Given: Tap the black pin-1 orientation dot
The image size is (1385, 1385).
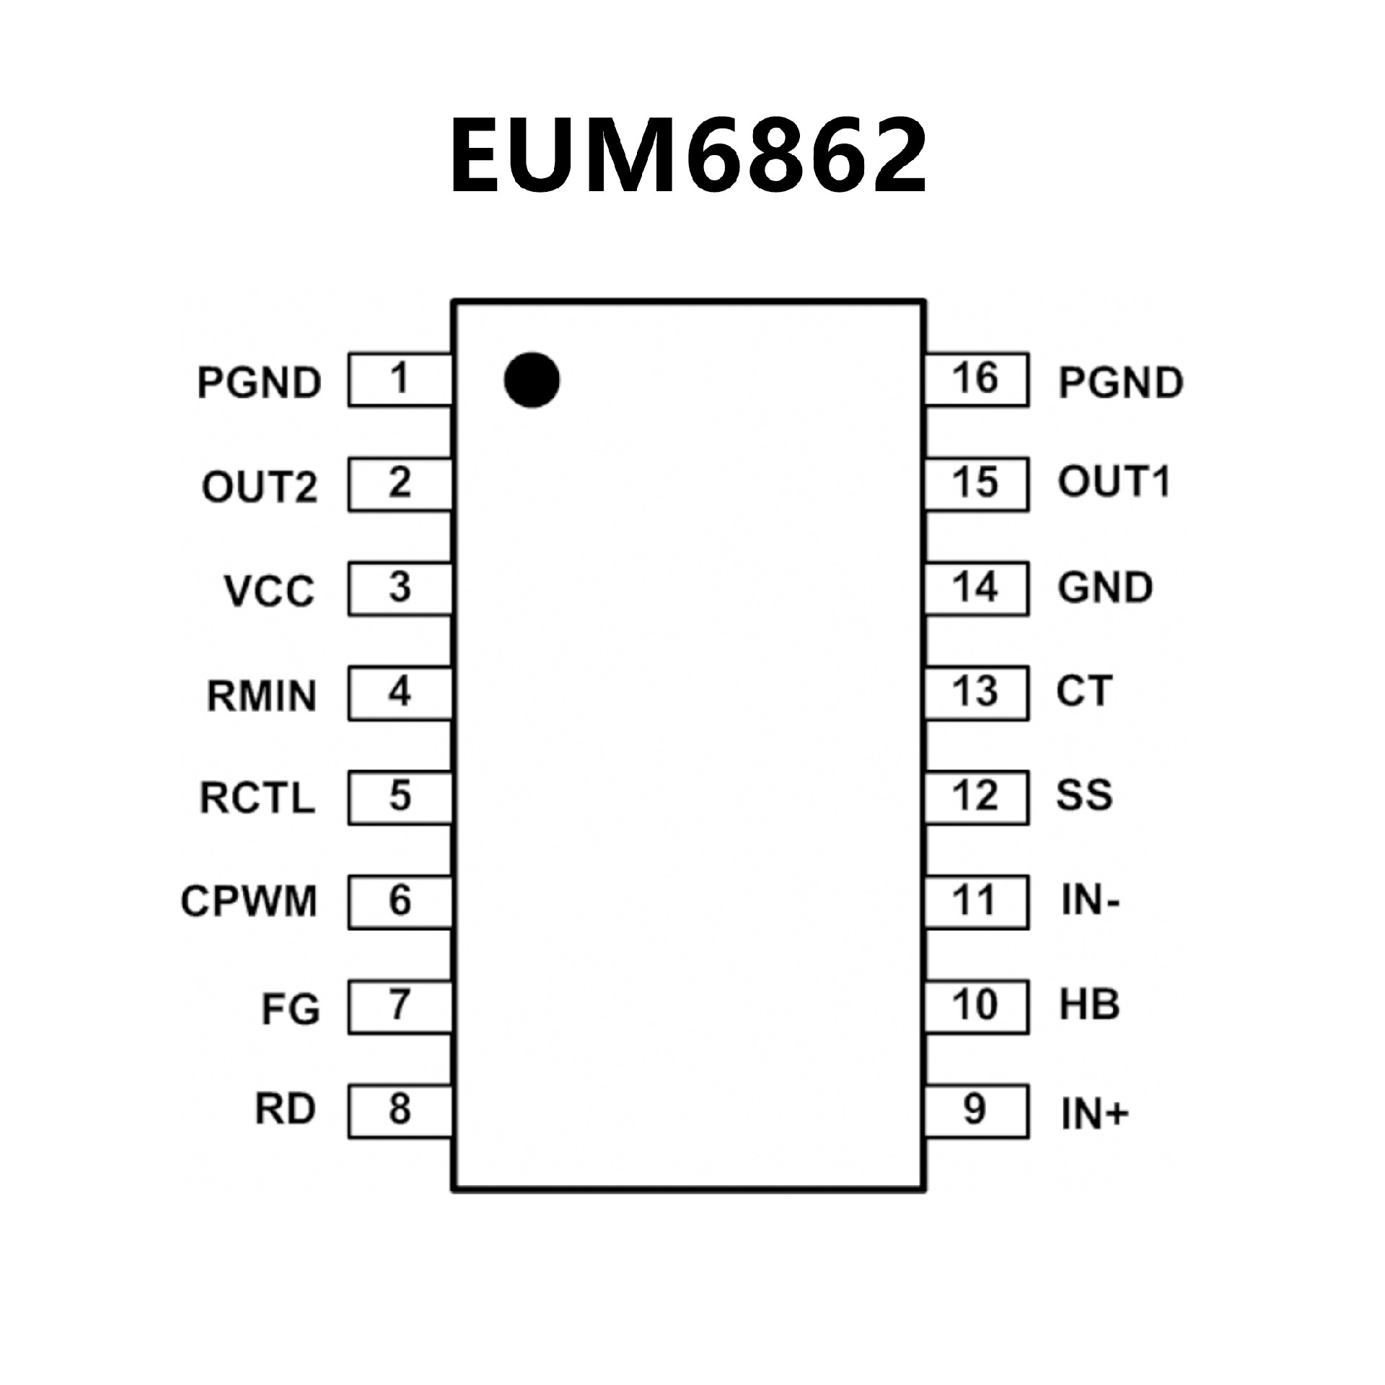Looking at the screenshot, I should (532, 380).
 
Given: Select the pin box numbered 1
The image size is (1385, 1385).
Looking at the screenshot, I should (400, 379).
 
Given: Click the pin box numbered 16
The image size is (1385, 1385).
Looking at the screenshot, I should (976, 379).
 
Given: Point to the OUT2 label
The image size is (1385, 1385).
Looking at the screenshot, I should (260, 486).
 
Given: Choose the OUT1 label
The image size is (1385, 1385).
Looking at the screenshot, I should (1113, 482).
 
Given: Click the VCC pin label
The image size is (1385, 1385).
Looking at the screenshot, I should (270, 591).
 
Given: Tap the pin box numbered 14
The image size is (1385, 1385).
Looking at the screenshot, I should (976, 588).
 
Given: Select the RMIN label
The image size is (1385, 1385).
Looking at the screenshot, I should (262, 696).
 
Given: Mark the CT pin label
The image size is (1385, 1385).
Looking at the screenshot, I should (1084, 691).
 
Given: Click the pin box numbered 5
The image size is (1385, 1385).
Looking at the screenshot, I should (400, 797).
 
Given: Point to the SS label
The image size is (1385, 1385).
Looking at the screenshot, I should (1084, 795).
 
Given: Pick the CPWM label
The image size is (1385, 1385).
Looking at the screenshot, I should (249, 901).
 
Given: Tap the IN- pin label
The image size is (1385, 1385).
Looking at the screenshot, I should (1090, 901).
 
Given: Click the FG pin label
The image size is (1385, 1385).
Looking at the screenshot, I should (290, 1009).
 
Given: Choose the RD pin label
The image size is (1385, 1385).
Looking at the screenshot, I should (285, 1109).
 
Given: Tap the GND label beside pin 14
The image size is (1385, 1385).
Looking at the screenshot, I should (1105, 588).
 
